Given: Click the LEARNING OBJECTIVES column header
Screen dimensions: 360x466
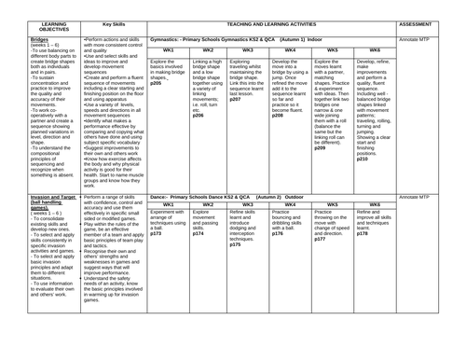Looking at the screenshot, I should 30,23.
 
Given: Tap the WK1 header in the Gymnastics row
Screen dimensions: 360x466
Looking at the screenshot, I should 169,49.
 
